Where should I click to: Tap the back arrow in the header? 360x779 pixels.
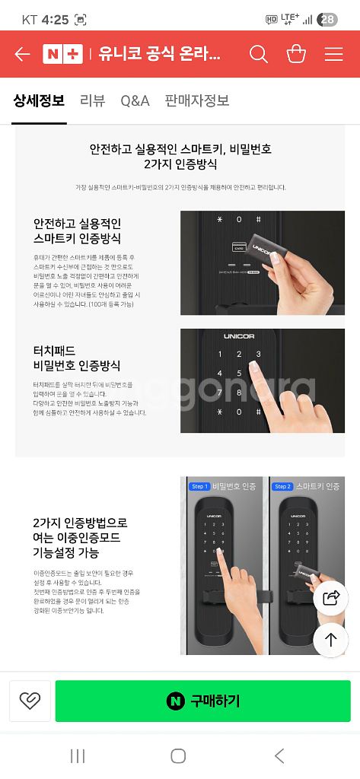tap(22, 54)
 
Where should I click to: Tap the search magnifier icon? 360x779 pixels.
tap(259, 54)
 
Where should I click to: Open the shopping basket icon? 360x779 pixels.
tap(296, 54)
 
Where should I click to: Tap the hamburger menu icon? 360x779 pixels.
tap(333, 54)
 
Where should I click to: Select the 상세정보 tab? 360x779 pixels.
tap(39, 100)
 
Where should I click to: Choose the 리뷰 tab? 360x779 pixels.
tap(92, 100)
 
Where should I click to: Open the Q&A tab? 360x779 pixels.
tap(135, 100)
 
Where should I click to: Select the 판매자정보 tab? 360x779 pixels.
tap(197, 100)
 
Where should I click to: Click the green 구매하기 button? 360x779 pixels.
tap(202, 701)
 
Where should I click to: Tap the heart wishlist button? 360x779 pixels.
tap(30, 701)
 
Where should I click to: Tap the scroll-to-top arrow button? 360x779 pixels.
tap(331, 640)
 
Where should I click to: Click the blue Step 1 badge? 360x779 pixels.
tap(199, 486)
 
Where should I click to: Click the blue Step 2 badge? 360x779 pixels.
tap(282, 486)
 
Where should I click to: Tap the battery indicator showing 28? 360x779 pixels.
tap(327, 20)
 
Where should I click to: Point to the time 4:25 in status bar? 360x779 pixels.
tap(56, 20)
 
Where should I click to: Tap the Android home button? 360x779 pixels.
tap(178, 755)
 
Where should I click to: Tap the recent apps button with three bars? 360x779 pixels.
tap(78, 755)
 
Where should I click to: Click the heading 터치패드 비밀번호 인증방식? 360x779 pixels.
tap(77, 358)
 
